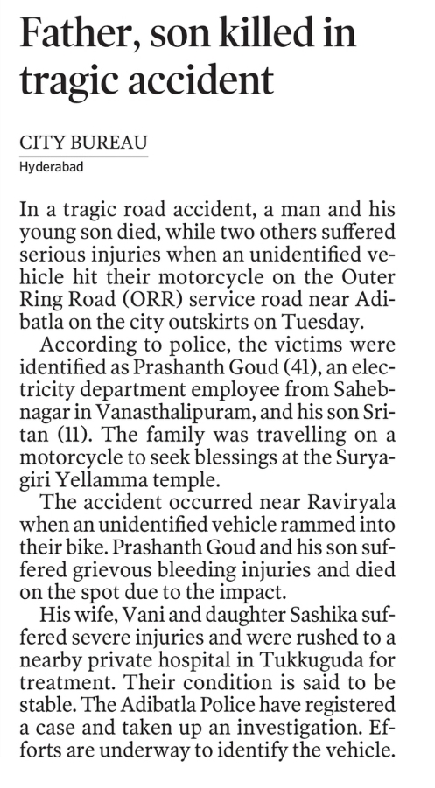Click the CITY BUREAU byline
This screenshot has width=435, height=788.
pos(83,143)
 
